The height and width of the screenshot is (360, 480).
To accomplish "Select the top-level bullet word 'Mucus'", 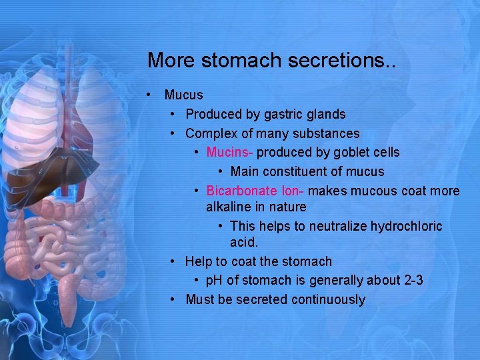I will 183,95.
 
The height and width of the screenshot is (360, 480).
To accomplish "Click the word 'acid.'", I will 244,242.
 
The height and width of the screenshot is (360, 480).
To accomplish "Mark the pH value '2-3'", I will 413,281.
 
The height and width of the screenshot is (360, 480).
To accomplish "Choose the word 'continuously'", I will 328,300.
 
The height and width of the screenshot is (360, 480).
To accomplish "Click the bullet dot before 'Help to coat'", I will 173,261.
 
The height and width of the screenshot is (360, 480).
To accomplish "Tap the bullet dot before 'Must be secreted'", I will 173,299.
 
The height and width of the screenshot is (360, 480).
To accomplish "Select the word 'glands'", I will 326,115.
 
